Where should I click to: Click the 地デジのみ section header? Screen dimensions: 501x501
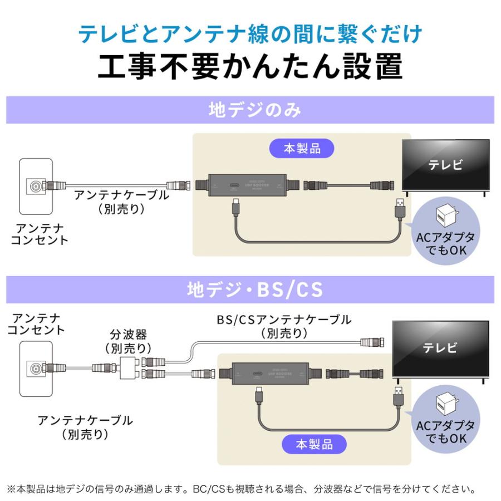point(250,110)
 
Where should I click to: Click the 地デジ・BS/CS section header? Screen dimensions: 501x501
point(250,289)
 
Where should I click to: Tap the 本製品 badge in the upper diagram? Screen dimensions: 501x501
point(302,149)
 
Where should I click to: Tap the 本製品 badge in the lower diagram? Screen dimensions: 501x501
point(314,444)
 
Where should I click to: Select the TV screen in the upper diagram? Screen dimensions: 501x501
point(445,165)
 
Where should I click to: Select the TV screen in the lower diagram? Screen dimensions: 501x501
point(440,348)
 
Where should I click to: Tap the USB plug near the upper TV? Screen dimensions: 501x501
point(399,209)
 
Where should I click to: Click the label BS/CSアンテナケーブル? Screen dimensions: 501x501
point(284,320)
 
